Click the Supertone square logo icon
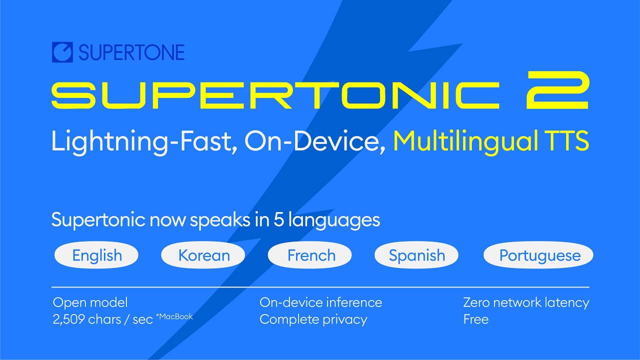click(x=62, y=52)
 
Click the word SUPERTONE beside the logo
click(x=131, y=52)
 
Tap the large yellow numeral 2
click(x=558, y=90)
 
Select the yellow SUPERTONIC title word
click(x=275, y=95)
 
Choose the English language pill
click(x=96, y=255)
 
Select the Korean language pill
click(x=203, y=255)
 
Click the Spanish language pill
click(x=416, y=255)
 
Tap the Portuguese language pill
click(x=539, y=255)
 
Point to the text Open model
click(x=90, y=302)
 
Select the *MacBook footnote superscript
click(x=174, y=316)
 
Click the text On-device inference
click(x=320, y=302)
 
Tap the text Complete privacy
click(x=313, y=319)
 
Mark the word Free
click(x=475, y=319)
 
